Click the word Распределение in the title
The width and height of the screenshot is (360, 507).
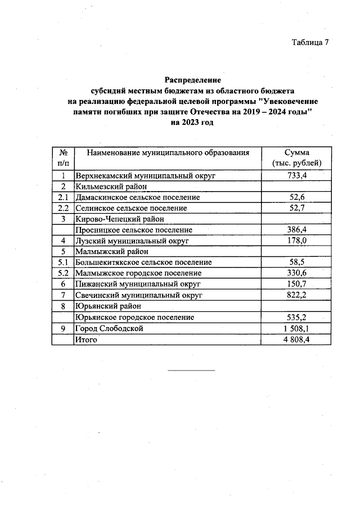pyautogui.click(x=193, y=80)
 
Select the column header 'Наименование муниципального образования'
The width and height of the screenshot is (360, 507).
pyautogui.click(x=167, y=153)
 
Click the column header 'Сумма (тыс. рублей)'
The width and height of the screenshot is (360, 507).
pyautogui.click(x=296, y=157)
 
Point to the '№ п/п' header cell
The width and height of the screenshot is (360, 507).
pyautogui.click(x=64, y=157)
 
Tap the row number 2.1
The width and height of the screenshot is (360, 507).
pyautogui.click(x=64, y=197)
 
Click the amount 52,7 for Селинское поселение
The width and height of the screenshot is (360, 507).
pyautogui.click(x=296, y=208)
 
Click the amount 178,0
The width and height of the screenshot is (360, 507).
pyautogui.click(x=296, y=241)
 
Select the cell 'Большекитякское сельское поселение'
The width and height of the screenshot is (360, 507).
pyautogui.click(x=143, y=262)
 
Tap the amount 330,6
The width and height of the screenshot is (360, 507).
pyautogui.click(x=296, y=273)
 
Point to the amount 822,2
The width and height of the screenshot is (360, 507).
pyautogui.click(x=296, y=295)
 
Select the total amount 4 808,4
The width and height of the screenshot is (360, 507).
pyautogui.click(x=296, y=339)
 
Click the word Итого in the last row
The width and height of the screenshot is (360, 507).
pyautogui.click(x=87, y=339)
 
